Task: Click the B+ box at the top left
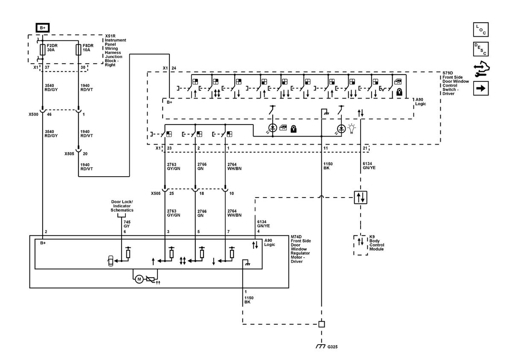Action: click(43, 28)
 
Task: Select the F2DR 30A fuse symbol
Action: click(43, 49)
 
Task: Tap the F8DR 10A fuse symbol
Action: click(79, 49)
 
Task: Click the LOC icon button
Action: click(481, 29)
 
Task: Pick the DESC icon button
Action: click(481, 49)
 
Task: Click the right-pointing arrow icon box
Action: click(481, 88)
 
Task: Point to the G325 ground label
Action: click(332, 347)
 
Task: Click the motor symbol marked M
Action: click(139, 279)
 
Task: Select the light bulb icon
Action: click(352, 129)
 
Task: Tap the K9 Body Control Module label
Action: click(377, 243)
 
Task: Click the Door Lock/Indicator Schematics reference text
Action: click(122, 206)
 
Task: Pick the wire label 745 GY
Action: click(127, 224)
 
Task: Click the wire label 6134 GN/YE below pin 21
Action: click(369, 166)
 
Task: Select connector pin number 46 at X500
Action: click(49, 114)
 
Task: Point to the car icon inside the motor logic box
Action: click(111, 261)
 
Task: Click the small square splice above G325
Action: click(322, 324)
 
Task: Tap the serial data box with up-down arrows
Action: click(361, 197)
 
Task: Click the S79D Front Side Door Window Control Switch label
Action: click(456, 83)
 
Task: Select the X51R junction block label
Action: click(115, 50)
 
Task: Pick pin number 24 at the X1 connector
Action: click(174, 68)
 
